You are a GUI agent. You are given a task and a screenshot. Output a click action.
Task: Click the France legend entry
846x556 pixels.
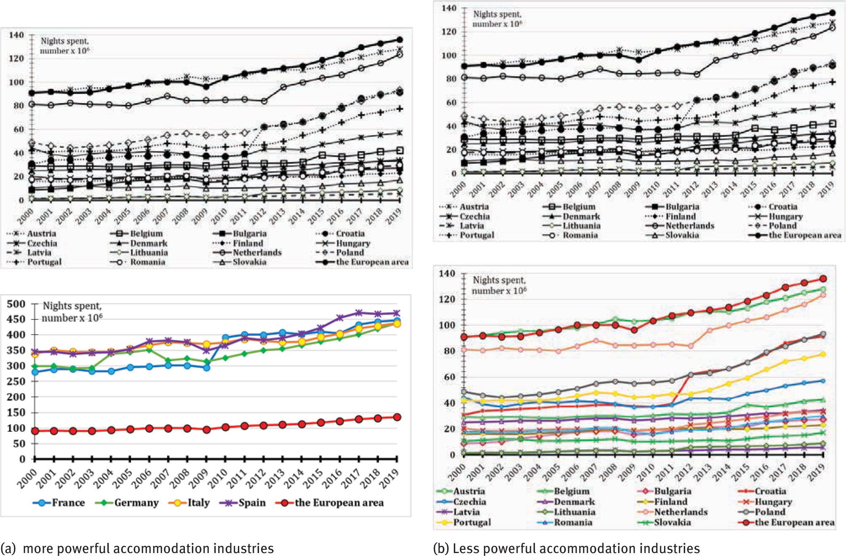(x=67, y=503)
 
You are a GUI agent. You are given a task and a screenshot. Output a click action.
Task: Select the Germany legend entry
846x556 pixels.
(x=136, y=503)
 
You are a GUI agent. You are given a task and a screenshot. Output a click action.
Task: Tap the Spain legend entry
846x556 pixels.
(x=252, y=503)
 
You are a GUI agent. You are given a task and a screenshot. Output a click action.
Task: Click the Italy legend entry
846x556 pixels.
(x=198, y=503)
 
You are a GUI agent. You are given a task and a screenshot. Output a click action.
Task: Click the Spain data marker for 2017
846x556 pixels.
(x=359, y=313)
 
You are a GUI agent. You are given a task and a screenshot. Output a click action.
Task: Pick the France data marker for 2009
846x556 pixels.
(x=206, y=367)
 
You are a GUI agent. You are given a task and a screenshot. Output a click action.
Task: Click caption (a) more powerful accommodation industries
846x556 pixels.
(x=137, y=548)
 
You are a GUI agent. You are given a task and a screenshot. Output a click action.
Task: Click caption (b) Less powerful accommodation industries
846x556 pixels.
(x=566, y=548)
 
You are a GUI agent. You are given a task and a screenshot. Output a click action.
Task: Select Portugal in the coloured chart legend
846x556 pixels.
(x=472, y=522)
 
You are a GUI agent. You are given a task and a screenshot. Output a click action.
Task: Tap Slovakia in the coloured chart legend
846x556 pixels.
(x=672, y=522)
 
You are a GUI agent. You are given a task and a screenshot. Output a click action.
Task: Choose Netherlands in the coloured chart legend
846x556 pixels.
(x=681, y=512)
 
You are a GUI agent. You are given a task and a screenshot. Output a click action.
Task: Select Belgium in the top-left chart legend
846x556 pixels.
(x=146, y=234)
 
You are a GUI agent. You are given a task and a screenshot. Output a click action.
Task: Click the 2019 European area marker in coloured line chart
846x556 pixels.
(x=823, y=279)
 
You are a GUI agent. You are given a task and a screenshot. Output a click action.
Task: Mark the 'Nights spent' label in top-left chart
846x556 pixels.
(x=65, y=41)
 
